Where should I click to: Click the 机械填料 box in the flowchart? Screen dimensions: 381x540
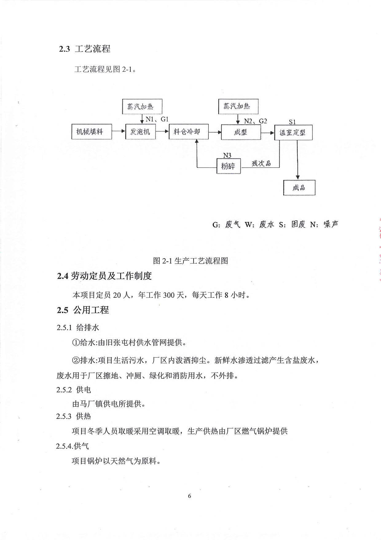[x=92, y=132]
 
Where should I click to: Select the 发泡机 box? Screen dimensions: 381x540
[x=140, y=132]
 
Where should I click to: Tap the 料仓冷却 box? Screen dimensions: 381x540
[x=189, y=132]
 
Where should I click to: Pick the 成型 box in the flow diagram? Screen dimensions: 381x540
[x=241, y=132]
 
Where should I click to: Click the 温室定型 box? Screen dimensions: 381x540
[x=293, y=132]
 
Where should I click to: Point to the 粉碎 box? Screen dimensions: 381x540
[x=229, y=166]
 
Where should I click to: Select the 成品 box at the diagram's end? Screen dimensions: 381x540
[x=299, y=187]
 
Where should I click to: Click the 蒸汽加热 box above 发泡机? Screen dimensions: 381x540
[x=142, y=107]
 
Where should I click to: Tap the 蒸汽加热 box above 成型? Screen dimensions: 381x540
[x=238, y=107]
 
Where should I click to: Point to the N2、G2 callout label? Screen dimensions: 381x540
[x=256, y=121]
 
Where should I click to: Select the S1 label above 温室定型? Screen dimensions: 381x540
[x=293, y=122]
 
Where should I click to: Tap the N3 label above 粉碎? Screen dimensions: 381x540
[x=227, y=156]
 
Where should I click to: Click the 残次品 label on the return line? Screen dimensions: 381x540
[x=261, y=163]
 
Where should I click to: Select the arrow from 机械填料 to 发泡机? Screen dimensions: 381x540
[x=119, y=132]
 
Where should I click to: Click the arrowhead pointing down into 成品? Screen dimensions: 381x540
[x=297, y=177]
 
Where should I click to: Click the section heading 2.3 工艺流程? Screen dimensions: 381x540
[x=85, y=49]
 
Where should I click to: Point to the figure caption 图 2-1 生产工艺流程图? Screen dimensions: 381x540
[x=190, y=261]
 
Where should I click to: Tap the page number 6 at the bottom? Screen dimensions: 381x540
[x=189, y=496]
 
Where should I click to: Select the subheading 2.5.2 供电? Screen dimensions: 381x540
[x=74, y=390]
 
